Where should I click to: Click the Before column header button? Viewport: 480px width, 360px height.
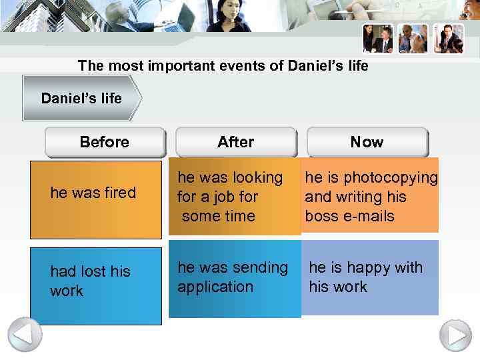coord(105,142)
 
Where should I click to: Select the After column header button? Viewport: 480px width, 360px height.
coord(235,142)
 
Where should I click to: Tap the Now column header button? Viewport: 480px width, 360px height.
coord(367,142)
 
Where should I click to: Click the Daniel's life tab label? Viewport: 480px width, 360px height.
coord(81,99)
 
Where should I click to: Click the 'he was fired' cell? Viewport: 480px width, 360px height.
coord(95,199)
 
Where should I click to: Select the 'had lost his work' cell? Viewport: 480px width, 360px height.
coord(95,285)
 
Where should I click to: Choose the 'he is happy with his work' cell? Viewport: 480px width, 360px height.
coord(370,277)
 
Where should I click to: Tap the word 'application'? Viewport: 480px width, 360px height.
coord(215,287)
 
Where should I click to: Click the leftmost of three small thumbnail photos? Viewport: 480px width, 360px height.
coord(377,39)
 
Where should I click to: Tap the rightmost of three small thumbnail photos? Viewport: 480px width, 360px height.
coord(448,39)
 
